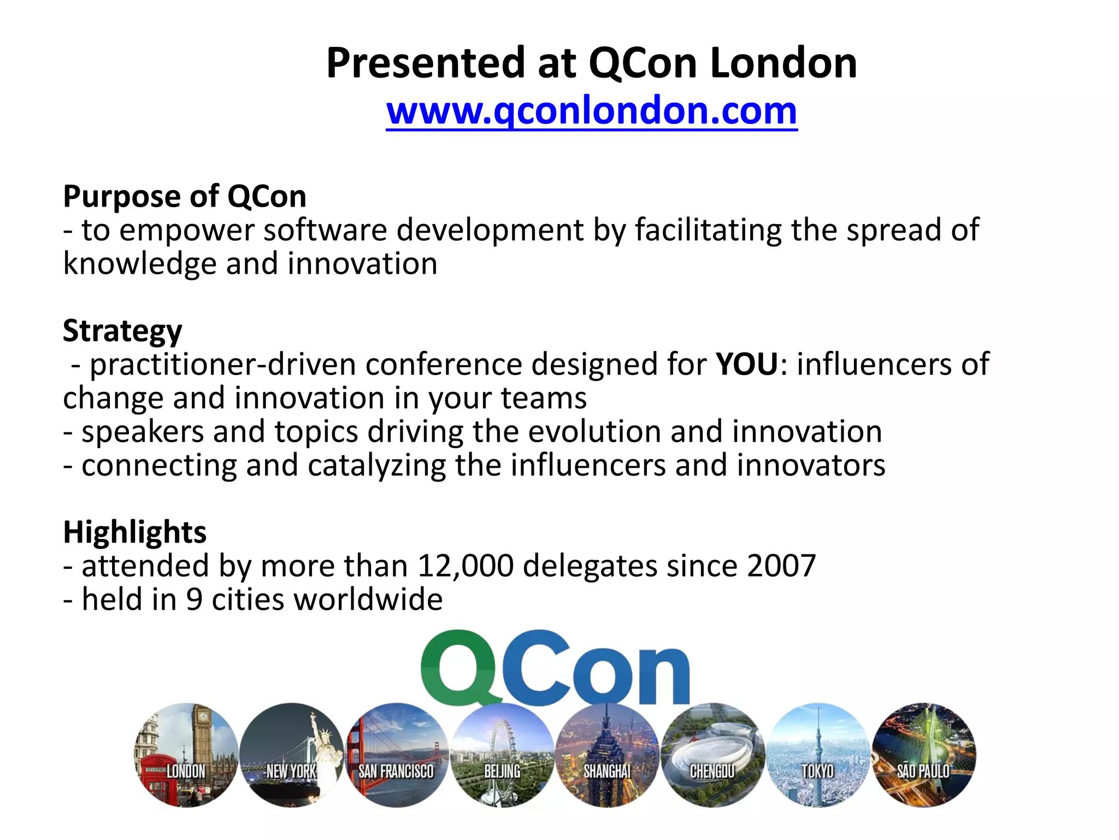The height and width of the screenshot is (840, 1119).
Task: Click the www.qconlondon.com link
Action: click(591, 111)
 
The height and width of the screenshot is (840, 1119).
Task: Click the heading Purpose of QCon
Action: click(185, 196)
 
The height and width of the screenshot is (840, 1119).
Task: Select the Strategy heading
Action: click(122, 331)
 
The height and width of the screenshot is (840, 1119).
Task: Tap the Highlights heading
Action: click(134, 532)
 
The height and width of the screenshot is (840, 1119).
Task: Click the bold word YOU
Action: click(747, 364)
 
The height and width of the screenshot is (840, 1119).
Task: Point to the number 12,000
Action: click(466, 566)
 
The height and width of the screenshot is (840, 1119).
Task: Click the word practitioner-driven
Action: click(223, 365)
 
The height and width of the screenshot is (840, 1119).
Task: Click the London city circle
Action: click(186, 755)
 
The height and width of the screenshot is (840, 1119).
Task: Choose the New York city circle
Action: click(291, 755)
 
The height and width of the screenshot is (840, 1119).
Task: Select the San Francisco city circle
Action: click(397, 755)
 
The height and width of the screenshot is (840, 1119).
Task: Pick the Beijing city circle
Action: click(502, 755)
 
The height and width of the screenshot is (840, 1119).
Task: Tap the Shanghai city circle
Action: click(607, 755)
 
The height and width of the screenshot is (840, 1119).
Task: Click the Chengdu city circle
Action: click(712, 755)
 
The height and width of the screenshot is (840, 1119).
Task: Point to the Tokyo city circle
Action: click(818, 755)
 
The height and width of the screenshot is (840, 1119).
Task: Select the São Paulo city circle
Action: click(923, 755)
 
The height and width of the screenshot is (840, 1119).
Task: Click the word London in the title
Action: click(784, 63)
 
